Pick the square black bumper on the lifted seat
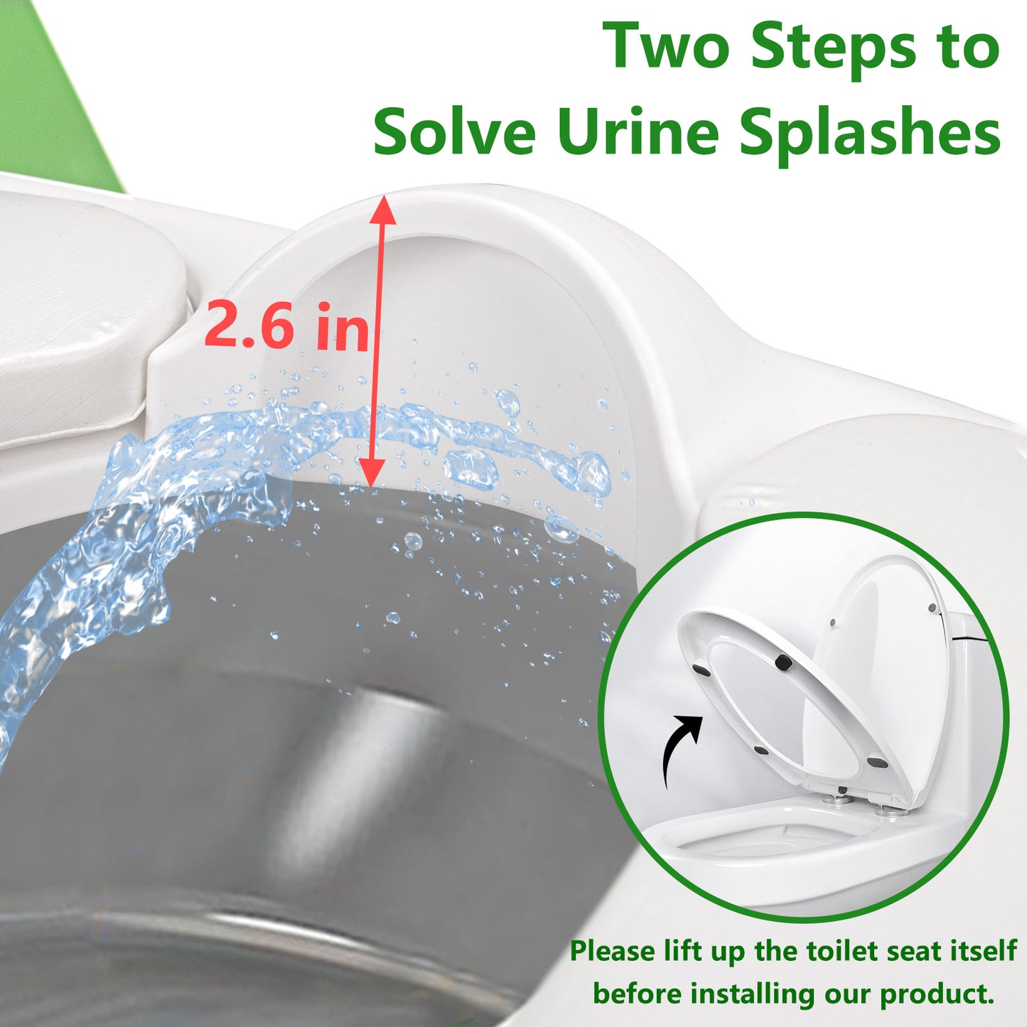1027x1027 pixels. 782,662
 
